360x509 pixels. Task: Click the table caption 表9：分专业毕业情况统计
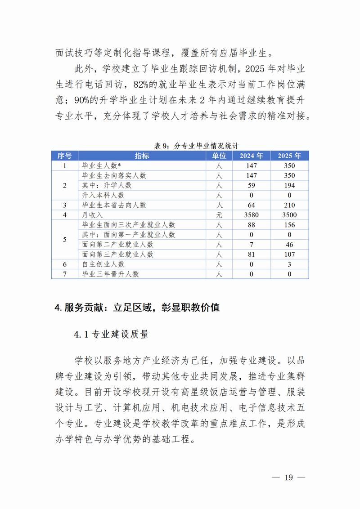196,146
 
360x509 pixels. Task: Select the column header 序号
64,156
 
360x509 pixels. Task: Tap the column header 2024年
251,156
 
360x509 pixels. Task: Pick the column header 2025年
289,156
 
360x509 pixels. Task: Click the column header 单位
219,156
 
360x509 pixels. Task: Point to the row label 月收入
92,215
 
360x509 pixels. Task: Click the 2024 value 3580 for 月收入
251,215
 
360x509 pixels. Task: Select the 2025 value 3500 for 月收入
289,215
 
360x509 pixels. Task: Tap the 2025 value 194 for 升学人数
289,185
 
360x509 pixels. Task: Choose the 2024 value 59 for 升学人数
251,185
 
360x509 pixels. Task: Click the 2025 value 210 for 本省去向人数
289,205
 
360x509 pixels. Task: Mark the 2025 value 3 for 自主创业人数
289,264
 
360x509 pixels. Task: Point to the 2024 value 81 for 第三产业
251,254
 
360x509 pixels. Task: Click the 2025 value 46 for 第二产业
289,245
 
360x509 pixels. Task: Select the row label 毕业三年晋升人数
110,274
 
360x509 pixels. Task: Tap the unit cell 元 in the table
219,215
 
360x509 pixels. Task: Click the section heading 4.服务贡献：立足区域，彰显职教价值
137,308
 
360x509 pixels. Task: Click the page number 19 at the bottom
288,477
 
